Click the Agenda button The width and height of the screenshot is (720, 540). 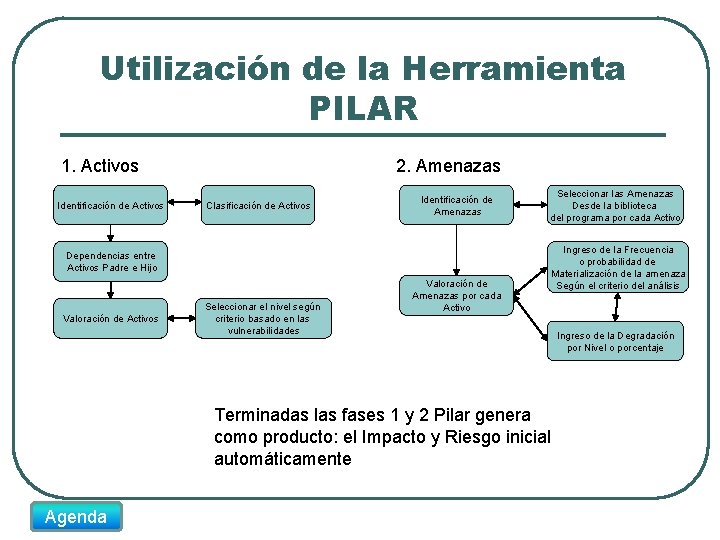pos(76,516)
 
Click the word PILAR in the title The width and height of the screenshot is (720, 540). pos(363,107)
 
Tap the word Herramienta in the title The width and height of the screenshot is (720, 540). pos(514,68)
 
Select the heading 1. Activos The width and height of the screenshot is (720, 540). pos(100,166)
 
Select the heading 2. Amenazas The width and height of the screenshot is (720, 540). pos(448,166)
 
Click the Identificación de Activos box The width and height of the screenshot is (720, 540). pos(111,206)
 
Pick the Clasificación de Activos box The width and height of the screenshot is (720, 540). pos(258,206)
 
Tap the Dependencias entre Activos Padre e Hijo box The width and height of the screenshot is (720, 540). pos(111,262)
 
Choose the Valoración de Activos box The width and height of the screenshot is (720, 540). pos(111,319)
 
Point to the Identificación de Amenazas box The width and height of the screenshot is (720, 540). pos(457,206)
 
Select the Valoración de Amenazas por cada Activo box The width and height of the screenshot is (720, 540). pos(457,295)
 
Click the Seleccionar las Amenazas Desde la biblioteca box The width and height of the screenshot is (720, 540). pos(615,206)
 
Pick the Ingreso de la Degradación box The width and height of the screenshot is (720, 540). pos(615,342)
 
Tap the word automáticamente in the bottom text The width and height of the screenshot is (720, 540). pos(283,459)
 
